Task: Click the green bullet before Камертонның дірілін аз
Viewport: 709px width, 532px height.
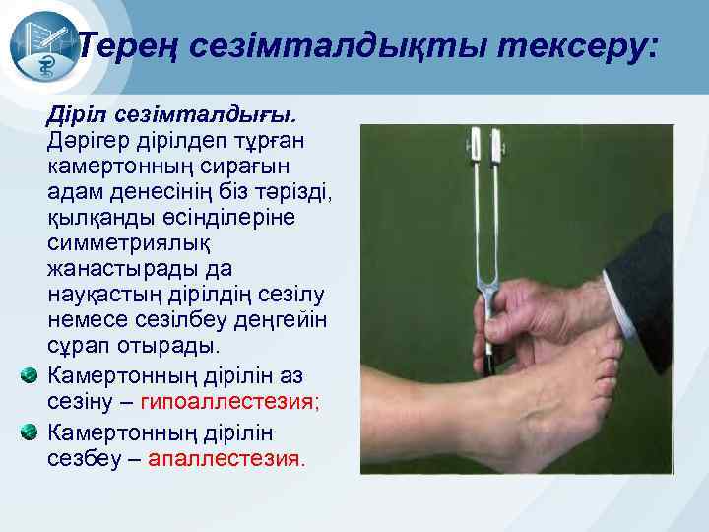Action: point(30,375)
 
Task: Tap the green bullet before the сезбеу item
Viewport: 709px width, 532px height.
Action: point(30,432)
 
